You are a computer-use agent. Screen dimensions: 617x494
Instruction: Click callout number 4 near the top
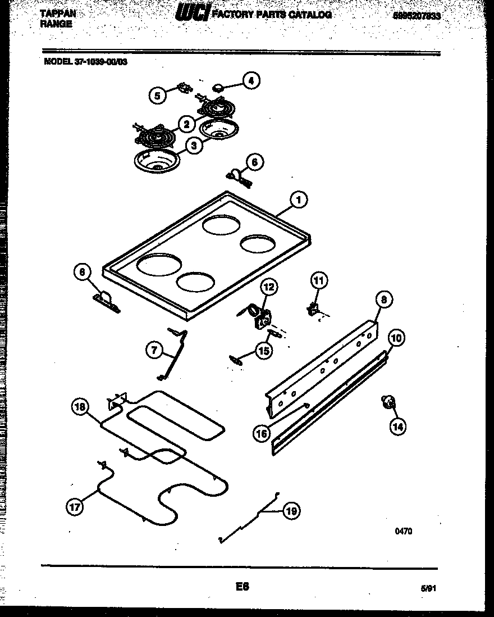[x=250, y=81]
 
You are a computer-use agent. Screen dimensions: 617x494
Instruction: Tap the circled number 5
[x=158, y=96]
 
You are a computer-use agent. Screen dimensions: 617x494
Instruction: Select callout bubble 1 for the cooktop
[x=299, y=199]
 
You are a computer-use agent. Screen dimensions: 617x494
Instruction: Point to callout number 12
[x=268, y=287]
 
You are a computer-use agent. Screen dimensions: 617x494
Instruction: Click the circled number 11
[x=319, y=280]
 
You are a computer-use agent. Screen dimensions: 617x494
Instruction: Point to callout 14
[x=397, y=427]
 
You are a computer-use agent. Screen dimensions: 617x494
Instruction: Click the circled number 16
[x=262, y=433]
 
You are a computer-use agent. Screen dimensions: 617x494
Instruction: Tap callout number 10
[x=396, y=338]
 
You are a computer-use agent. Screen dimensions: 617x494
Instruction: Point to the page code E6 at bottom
[x=243, y=587]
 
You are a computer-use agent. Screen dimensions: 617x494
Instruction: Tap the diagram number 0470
[x=402, y=531]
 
